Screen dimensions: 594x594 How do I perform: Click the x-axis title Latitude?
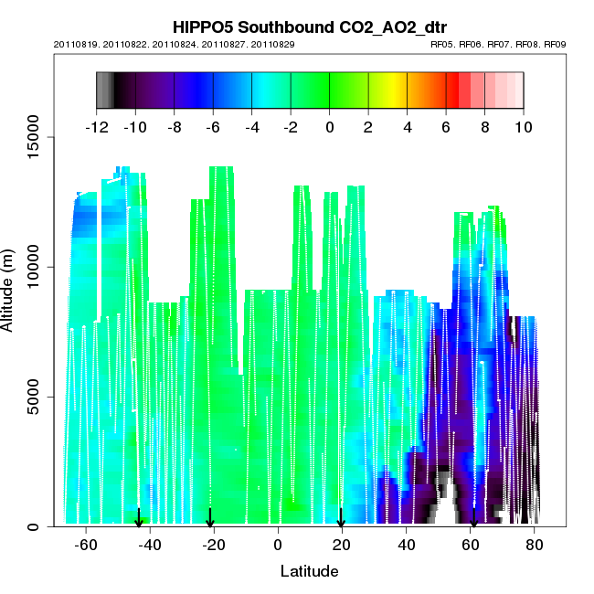coord(310,571)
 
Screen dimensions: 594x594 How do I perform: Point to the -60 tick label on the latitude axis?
coord(86,545)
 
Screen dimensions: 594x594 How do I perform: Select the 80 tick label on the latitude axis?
coord(535,545)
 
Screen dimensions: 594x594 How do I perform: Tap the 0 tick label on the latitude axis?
coord(278,545)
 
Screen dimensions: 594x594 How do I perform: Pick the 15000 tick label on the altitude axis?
coord(33,137)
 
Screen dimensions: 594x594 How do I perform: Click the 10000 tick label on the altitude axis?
coord(33,267)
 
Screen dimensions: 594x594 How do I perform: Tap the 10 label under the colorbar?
coord(524,128)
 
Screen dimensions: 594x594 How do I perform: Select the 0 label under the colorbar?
coord(329,128)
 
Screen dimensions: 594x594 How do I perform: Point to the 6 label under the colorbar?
coord(446,128)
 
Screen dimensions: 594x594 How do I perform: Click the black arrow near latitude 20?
coord(341,518)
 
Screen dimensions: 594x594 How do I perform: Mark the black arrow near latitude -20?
coord(210,518)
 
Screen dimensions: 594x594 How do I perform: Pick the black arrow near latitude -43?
coord(138,518)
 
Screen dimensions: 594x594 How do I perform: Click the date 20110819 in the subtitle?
coord(75,44)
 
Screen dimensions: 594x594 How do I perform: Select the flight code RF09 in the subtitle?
coord(556,44)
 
